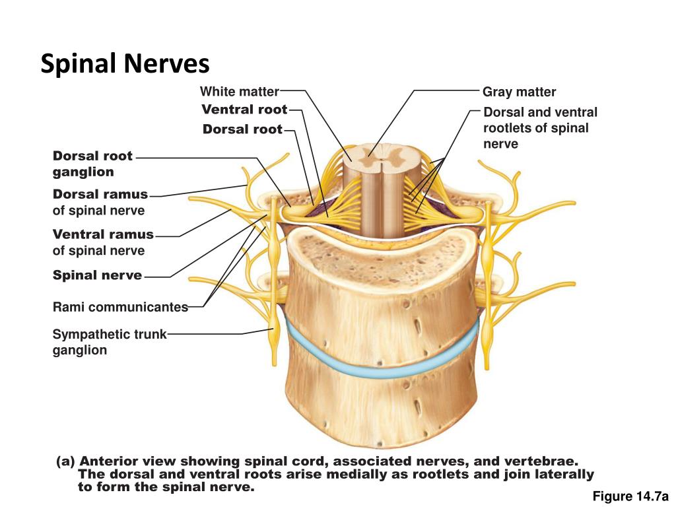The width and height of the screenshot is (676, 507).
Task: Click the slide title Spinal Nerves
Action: click(x=125, y=64)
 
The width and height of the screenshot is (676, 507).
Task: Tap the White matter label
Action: click(x=239, y=92)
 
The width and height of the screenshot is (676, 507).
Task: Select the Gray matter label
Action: click(x=519, y=92)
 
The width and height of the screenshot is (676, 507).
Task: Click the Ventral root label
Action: click(x=244, y=110)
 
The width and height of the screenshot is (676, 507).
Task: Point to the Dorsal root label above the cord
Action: click(x=242, y=129)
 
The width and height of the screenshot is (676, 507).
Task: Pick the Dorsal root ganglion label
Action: click(x=92, y=164)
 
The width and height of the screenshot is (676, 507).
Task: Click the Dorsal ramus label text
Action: click(x=100, y=195)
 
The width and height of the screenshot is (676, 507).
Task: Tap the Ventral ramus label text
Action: click(x=103, y=234)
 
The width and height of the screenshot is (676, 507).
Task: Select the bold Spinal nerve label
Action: click(x=97, y=275)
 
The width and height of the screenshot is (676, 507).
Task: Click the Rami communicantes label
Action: click(x=120, y=307)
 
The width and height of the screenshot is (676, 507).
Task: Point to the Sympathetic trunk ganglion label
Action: click(x=109, y=342)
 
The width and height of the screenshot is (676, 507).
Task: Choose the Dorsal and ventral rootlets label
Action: click(x=539, y=128)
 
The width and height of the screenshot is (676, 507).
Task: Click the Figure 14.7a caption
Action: click(x=630, y=496)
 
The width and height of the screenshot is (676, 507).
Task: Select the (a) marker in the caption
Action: click(x=65, y=461)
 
